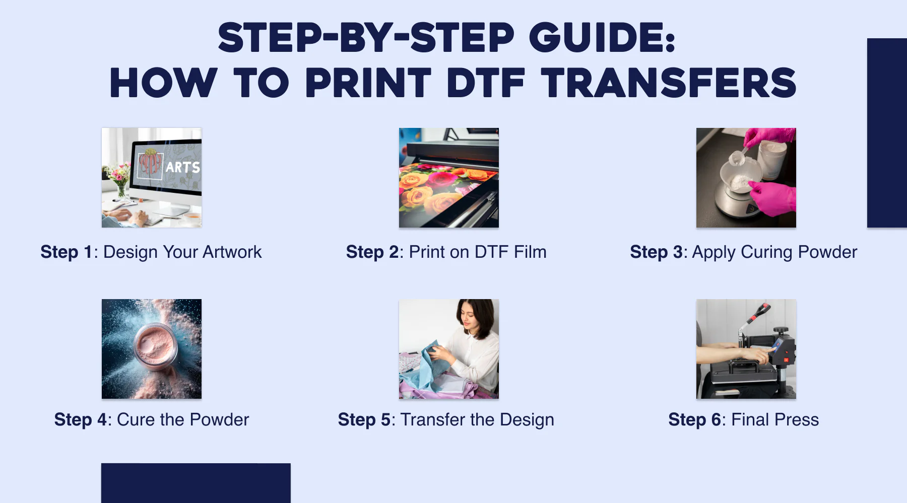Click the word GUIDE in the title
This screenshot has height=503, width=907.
point(602,38)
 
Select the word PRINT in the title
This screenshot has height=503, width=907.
point(368,84)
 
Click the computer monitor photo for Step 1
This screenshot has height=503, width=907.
point(151,177)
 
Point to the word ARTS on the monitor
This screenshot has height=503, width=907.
point(182,167)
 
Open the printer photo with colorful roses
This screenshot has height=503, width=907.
point(448,177)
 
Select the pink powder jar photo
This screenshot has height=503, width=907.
point(151,348)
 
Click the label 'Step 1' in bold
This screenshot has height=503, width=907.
point(67,252)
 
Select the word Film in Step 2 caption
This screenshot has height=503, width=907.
point(530,252)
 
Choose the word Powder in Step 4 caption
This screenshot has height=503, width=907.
point(219,419)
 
